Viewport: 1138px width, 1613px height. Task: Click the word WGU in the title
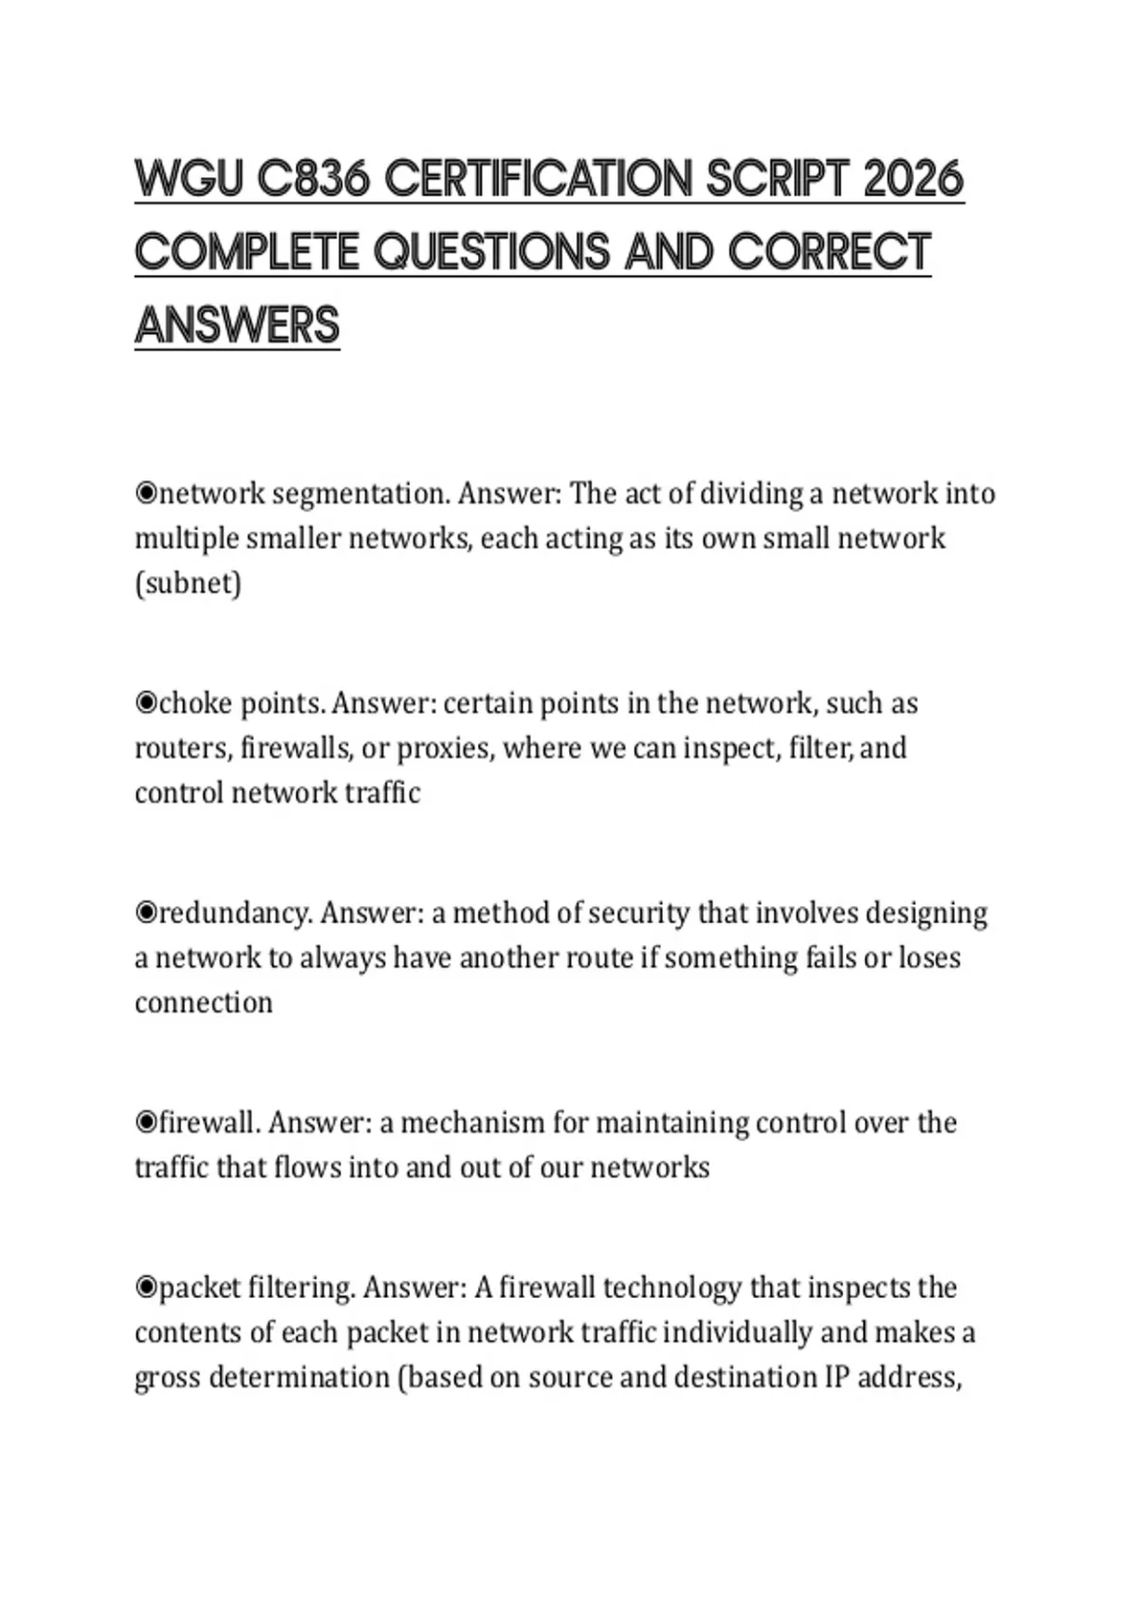189,179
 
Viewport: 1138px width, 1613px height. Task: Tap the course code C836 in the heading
313,179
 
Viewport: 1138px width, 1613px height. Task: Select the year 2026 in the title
913,179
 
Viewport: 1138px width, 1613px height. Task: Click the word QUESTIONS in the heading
491,252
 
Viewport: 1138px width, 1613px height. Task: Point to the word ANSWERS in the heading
237,325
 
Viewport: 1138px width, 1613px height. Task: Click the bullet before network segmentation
146,493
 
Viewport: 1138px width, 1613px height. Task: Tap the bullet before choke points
146,703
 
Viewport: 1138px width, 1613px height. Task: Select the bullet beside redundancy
146,913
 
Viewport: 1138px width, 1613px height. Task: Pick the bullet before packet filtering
146,1288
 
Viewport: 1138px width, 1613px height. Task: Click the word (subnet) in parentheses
188,583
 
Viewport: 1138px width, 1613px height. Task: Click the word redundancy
234,913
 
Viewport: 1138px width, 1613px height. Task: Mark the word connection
203,1003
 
